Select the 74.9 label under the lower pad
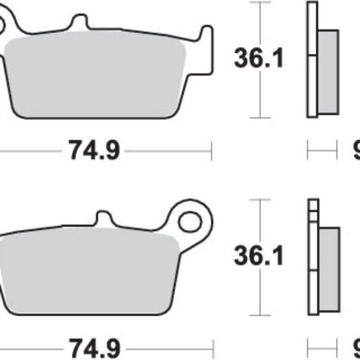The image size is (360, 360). coord(93,349)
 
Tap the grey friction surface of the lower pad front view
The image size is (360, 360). coord(90,273)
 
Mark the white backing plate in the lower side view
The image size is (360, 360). coord(311,258)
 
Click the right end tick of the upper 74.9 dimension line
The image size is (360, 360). coord(211,151)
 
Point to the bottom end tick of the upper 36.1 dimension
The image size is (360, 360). coord(259,117)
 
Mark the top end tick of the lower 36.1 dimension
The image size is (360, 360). coord(259,200)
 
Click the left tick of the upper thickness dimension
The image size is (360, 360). coord(308,151)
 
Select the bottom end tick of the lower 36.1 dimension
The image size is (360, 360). coord(259,315)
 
